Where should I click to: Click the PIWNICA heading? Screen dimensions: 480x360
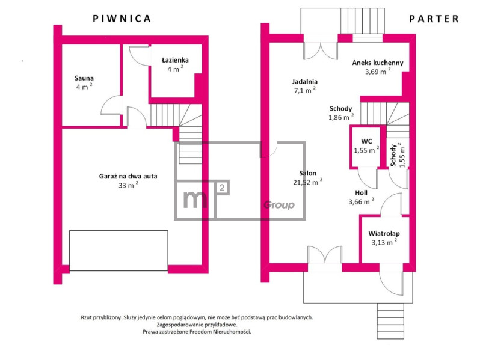pyautogui.click(x=122, y=19)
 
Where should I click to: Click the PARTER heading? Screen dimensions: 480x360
pyautogui.click(x=434, y=19)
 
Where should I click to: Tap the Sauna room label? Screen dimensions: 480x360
pyautogui.click(x=84, y=78)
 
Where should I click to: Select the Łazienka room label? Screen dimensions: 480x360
pyautogui.click(x=175, y=60)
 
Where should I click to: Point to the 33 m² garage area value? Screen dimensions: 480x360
pyautogui.click(x=128, y=185)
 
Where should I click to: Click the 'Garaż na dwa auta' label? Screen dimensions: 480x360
pyautogui.click(x=128, y=176)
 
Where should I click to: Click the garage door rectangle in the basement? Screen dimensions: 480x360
pyautogui.click(x=118, y=251)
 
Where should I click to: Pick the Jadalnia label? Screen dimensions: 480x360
pyautogui.click(x=304, y=82)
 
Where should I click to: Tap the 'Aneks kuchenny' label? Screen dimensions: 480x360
pyautogui.click(x=378, y=63)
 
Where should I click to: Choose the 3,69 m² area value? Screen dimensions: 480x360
pyautogui.click(x=378, y=72)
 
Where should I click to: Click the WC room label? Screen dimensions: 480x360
pyautogui.click(x=366, y=141)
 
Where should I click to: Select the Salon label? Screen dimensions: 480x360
pyautogui.click(x=307, y=173)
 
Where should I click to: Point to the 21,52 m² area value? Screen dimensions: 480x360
pyautogui.click(x=307, y=182)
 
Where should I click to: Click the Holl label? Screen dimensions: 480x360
pyautogui.click(x=362, y=193)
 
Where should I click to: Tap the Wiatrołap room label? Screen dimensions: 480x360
pyautogui.click(x=384, y=234)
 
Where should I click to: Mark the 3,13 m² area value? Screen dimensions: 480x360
pyautogui.click(x=384, y=242)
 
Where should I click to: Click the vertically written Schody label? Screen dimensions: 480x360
pyautogui.click(x=393, y=156)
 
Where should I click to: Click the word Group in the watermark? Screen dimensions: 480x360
pyautogui.click(x=279, y=205)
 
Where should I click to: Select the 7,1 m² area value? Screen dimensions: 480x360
pyautogui.click(x=304, y=90)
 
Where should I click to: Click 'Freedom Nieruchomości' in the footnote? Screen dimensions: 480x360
pyautogui.click(x=220, y=332)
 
